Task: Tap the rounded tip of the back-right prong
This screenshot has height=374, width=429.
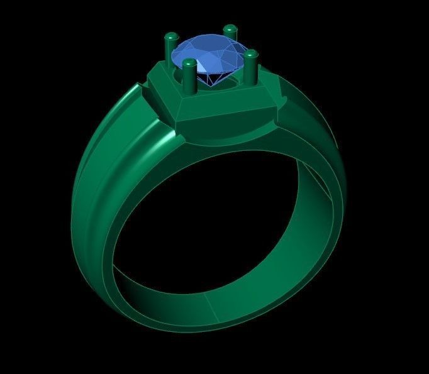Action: pos(230,28)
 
